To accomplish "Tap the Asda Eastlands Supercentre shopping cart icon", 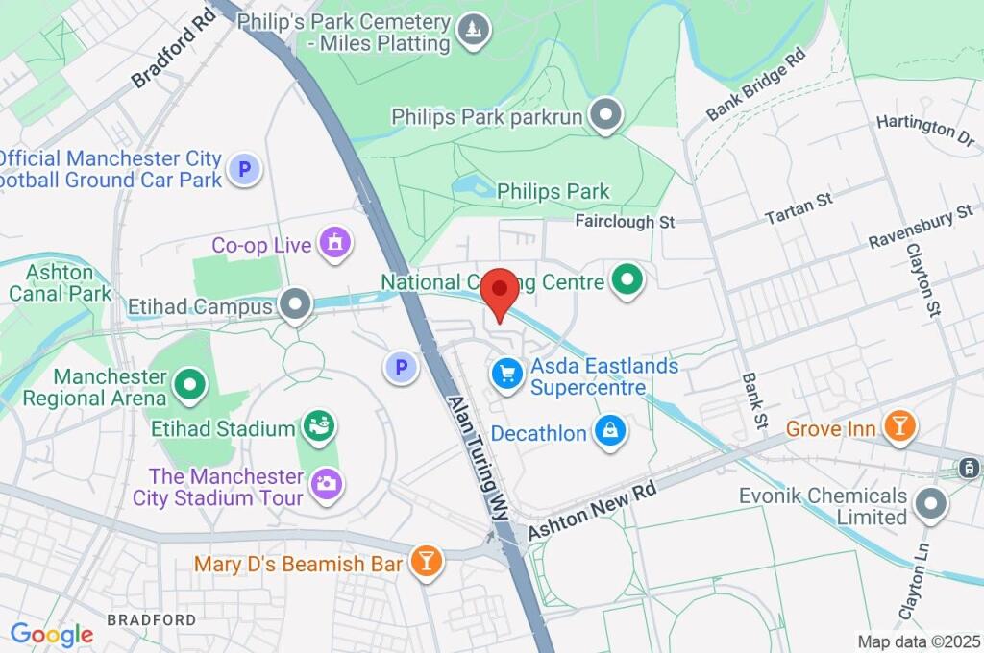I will (506, 375).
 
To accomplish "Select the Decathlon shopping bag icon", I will (610, 432).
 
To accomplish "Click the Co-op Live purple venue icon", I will (334, 244).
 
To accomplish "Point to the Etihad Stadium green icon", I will (318, 426).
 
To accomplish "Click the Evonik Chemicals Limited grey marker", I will (930, 504).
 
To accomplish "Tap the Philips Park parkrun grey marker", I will (605, 116).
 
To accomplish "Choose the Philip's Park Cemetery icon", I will (472, 31).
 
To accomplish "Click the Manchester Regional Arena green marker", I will (190, 385).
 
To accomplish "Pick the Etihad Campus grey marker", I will (295, 305).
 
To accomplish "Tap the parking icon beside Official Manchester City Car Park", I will (244, 171).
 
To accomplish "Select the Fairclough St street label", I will (626, 222).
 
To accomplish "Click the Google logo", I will (52, 634).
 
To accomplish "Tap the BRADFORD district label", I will (151, 620).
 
